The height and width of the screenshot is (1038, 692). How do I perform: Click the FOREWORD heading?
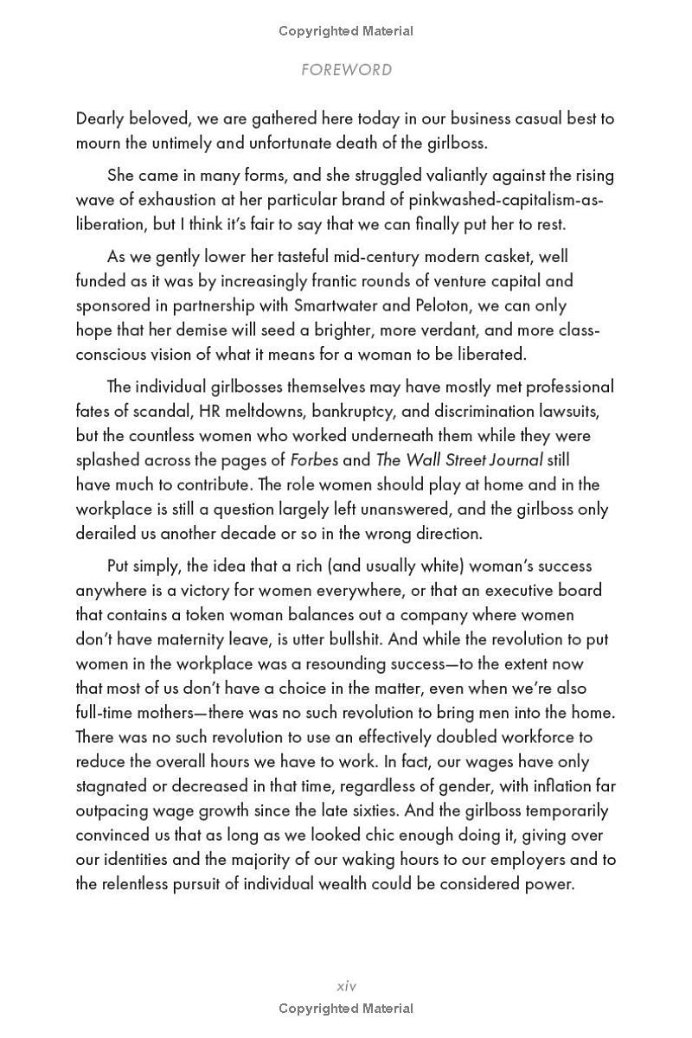[346, 70]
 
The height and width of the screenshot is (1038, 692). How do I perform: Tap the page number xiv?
[346, 985]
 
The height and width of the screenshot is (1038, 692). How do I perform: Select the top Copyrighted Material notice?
[346, 31]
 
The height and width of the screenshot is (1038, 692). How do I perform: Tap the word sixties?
[446, 811]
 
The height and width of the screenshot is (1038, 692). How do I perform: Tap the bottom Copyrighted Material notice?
[346, 1009]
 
